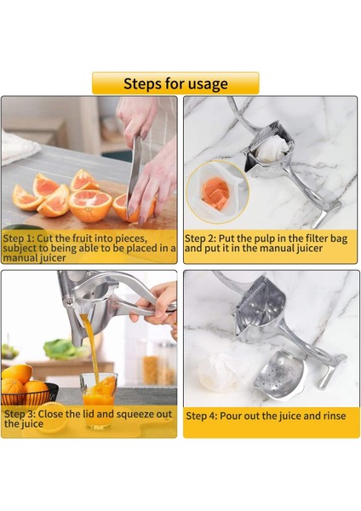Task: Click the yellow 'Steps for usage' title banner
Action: (175, 83)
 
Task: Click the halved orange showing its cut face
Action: (90, 205)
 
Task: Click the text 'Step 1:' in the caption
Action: (20, 238)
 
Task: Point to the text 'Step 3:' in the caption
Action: (20, 415)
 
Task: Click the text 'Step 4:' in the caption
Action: (203, 416)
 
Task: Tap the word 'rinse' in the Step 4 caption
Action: (328, 416)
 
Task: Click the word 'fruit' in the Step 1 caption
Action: (87, 238)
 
